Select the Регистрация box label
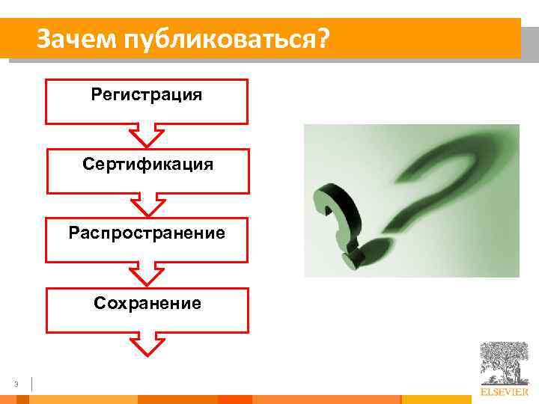point(147,95)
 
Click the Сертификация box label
point(147,164)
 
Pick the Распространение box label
point(147,233)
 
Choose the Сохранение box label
point(147,302)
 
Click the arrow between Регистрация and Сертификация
point(147,134)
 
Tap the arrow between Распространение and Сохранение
point(147,272)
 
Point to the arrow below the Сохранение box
point(147,343)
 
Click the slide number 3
point(16,385)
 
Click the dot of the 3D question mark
point(352,258)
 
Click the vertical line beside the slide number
point(32,385)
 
